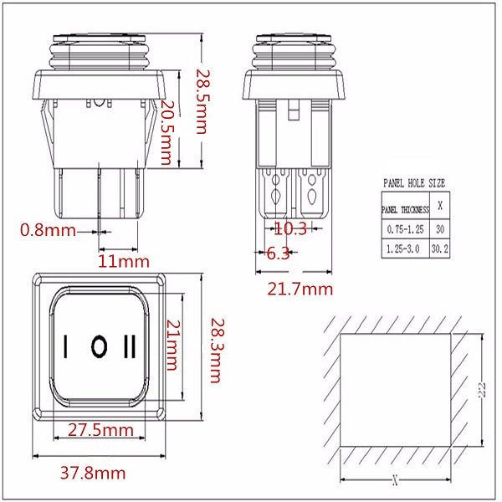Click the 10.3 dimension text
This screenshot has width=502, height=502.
290,228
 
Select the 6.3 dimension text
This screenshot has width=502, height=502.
278,254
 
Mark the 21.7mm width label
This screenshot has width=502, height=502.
300,289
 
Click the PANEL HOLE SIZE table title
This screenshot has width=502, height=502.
414,182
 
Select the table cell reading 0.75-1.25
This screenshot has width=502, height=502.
405,228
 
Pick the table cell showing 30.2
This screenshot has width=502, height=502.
440,248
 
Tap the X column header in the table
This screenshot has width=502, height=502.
440,204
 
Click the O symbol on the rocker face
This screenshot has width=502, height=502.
99,346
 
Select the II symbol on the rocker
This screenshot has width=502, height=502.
131,346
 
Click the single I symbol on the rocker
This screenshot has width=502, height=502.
65,346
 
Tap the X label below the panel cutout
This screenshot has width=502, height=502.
394,481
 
